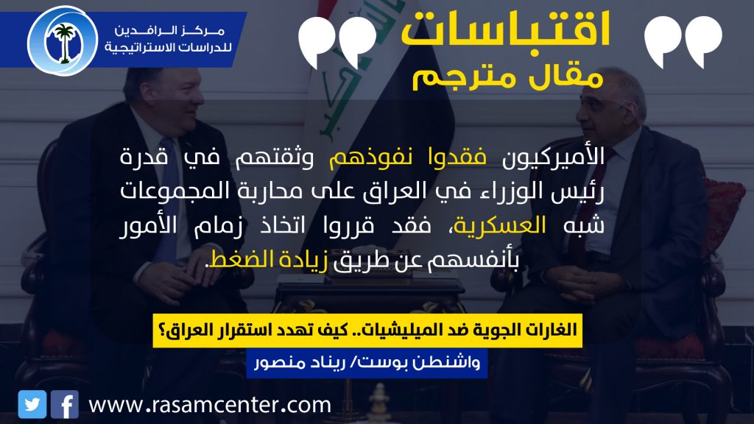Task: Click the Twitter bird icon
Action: (32, 404)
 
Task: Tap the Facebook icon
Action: (65, 404)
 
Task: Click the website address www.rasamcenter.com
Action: (210, 405)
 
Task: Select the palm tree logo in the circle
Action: (63, 41)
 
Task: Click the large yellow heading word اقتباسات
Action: (505, 29)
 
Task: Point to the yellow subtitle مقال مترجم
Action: (508, 76)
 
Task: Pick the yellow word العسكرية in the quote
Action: (500, 225)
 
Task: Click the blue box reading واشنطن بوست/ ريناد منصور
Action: (367, 363)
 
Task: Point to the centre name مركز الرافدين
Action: (169, 31)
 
